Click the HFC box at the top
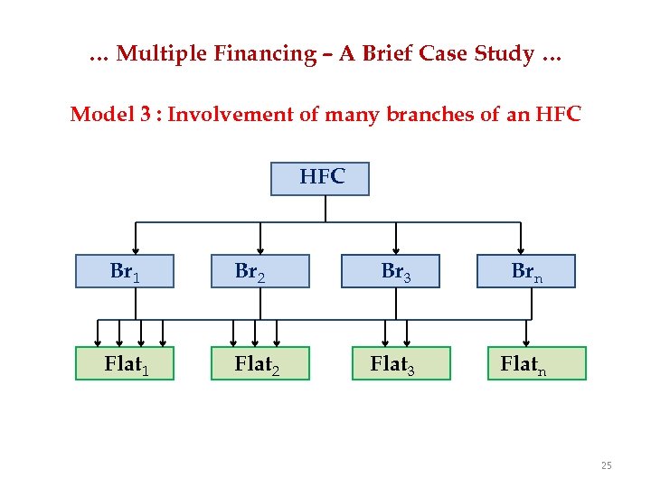coord(320,178)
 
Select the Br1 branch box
coord(124,271)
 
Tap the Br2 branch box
coord(260,271)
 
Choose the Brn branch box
coord(526,271)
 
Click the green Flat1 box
coord(124,363)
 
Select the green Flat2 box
coord(260,363)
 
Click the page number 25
coord(606,466)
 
